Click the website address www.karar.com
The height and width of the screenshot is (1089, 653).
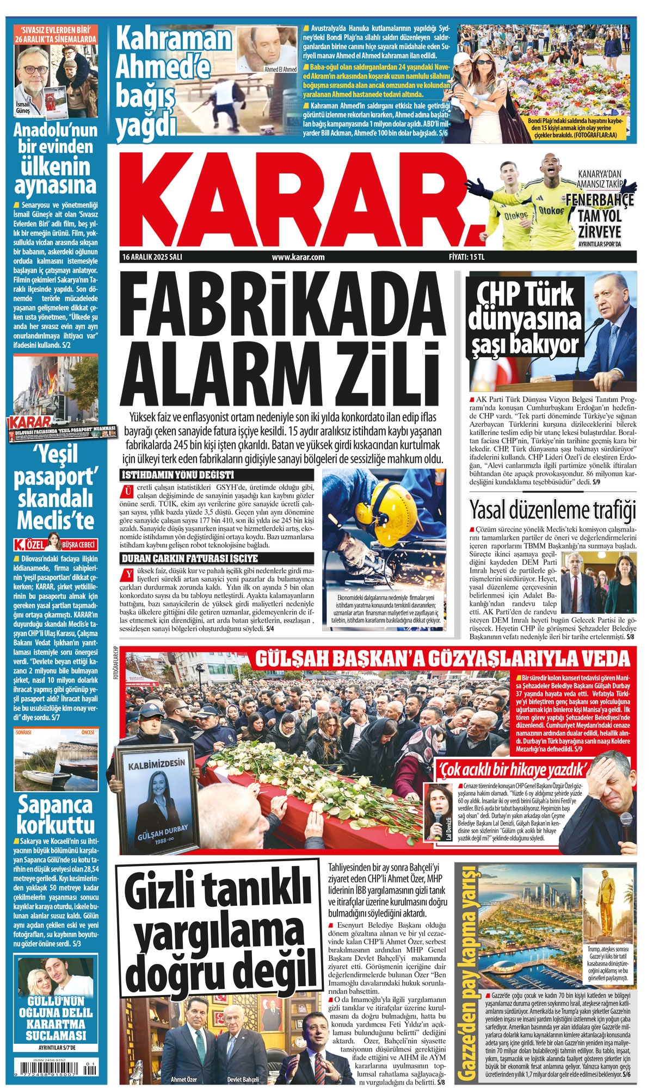click(298, 257)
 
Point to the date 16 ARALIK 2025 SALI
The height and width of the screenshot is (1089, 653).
click(152, 257)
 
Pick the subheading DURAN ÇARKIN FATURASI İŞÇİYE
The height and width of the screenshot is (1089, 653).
click(190, 558)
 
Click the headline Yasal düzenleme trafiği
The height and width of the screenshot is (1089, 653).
click(552, 510)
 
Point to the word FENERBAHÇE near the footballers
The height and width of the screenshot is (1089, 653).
click(600, 200)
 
